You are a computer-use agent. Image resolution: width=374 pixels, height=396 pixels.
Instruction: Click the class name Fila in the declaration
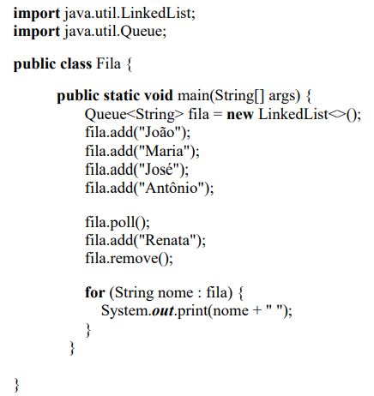[108, 63]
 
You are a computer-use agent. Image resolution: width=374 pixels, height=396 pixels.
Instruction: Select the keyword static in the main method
[122, 95]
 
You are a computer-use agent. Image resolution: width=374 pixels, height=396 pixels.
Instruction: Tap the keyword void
[159, 95]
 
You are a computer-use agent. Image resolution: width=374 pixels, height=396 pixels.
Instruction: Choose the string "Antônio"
[172, 188]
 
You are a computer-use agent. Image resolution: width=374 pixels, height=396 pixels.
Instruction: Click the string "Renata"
[168, 240]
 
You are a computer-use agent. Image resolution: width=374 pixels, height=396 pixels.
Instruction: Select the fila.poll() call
[118, 222]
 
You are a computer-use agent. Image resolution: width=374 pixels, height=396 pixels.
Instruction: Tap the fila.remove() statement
[129, 258]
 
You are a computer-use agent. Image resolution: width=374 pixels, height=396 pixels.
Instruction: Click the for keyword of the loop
[94, 292]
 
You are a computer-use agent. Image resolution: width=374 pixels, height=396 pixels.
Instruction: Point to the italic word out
[162, 310]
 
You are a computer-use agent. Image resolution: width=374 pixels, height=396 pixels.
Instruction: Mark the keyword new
[240, 114]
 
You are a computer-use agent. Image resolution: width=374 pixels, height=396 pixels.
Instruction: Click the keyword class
[76, 63]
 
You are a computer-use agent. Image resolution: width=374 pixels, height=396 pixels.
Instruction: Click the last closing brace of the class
[17, 385]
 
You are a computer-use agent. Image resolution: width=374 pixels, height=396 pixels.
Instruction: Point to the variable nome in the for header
[176, 292]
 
